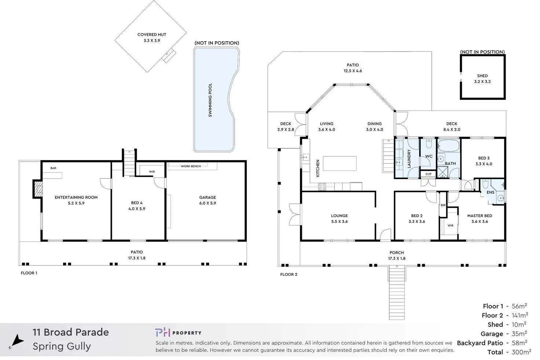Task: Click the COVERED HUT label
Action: [152, 35]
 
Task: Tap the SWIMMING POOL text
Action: [210, 100]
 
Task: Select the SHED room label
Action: [482, 76]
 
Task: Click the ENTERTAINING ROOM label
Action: [76, 197]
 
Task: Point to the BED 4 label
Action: [137, 203]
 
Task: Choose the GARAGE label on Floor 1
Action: [207, 197]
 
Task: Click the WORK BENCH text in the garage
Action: [191, 166]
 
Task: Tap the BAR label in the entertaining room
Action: [54, 168]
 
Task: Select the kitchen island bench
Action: [340, 163]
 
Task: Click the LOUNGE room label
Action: [339, 216]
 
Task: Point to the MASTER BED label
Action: [479, 216]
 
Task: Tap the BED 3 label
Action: [484, 158]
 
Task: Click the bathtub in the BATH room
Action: [448, 146]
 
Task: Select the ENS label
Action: [490, 192]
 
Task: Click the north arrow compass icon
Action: [17, 341]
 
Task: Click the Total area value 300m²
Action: [521, 352]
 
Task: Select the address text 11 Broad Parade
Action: [71, 332]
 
